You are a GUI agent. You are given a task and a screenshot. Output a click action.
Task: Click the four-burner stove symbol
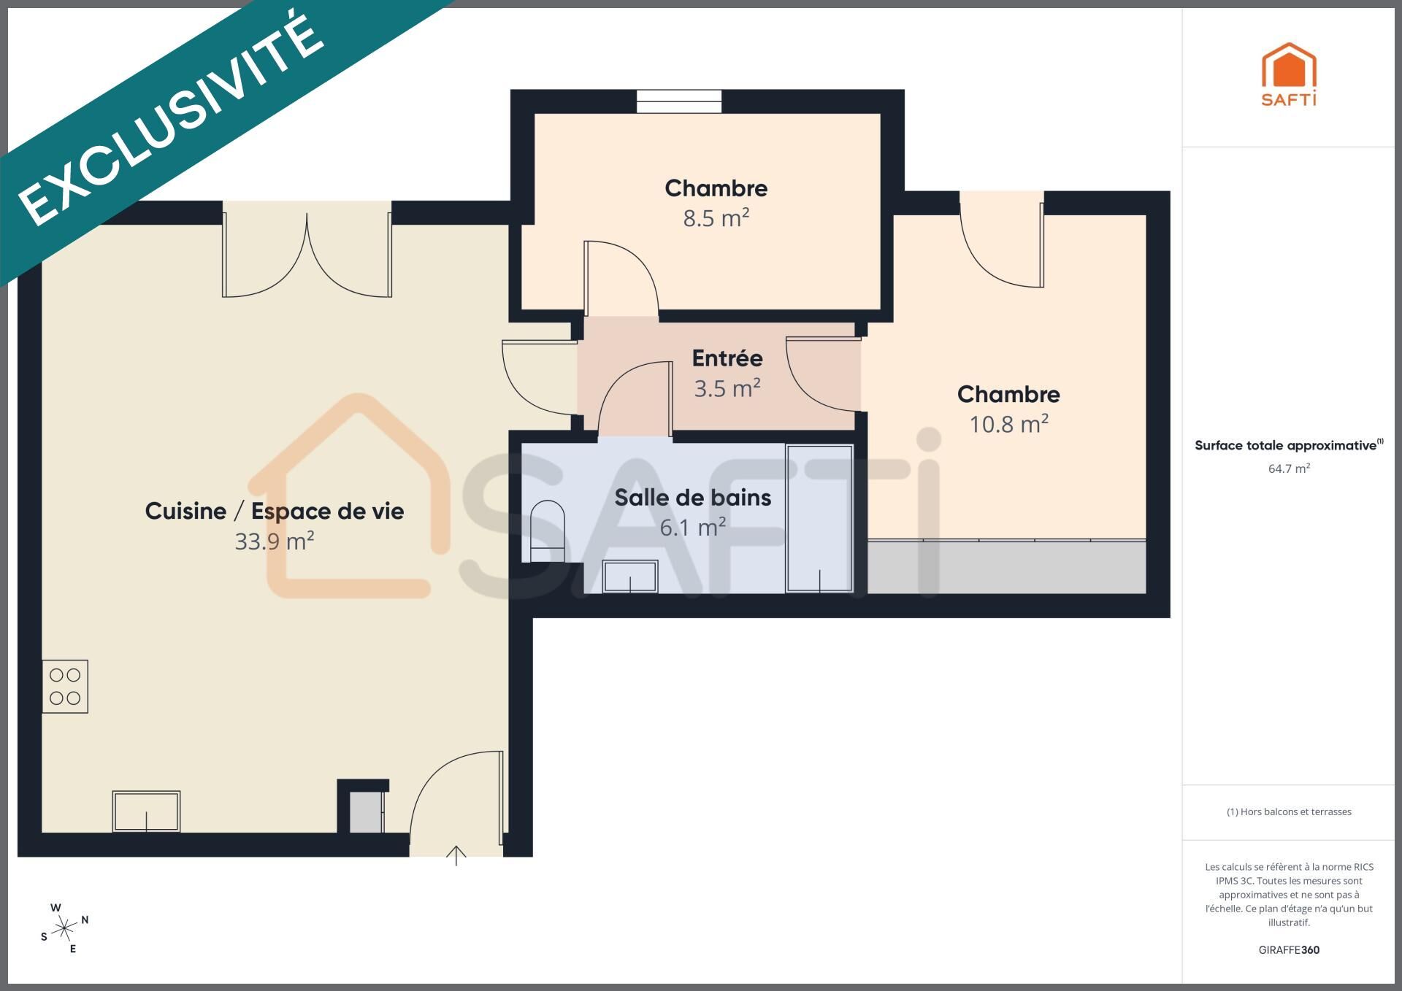point(65,687)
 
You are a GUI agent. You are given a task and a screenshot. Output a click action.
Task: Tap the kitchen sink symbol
point(146,811)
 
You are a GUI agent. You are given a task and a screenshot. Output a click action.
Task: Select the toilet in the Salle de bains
point(547,531)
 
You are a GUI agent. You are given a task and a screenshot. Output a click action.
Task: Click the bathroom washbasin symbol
point(630,577)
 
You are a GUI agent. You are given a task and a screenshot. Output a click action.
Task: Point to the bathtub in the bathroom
point(819,518)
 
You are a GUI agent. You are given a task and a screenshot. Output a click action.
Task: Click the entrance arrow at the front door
point(456,855)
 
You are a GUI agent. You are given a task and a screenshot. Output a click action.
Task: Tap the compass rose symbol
point(65,929)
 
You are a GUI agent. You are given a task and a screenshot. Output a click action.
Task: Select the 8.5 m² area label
point(716,218)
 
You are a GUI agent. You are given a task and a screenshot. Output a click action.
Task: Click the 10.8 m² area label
point(1008,424)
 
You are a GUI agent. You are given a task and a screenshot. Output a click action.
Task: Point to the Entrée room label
point(727,358)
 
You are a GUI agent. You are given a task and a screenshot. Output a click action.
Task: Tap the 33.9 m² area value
point(274,541)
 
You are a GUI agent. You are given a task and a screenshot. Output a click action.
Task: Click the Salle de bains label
point(693,498)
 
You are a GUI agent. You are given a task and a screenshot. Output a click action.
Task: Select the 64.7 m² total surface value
point(1289,468)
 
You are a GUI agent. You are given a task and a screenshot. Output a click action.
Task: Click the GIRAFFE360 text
point(1289,950)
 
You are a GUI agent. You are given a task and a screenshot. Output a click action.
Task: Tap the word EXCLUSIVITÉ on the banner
point(171,117)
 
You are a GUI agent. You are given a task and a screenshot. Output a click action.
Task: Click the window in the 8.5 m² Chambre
point(679,101)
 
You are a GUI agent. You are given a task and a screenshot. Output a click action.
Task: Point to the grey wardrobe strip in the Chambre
point(1006,567)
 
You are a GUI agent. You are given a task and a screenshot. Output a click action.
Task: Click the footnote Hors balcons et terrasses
point(1289,811)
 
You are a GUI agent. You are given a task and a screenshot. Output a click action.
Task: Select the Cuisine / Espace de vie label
point(274,512)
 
